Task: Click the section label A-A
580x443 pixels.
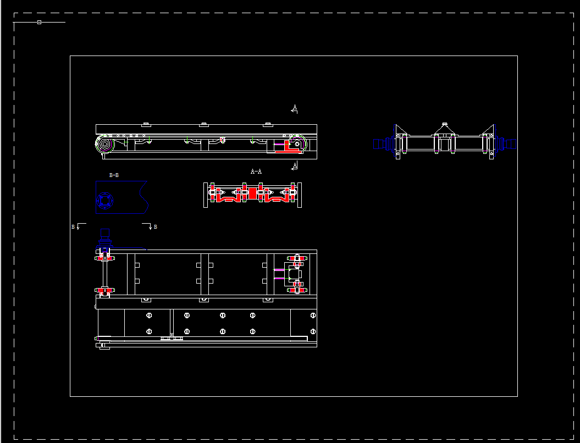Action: click(256, 171)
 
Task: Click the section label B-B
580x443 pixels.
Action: click(114, 175)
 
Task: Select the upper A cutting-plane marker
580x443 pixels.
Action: click(295, 109)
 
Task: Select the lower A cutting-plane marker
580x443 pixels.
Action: click(295, 165)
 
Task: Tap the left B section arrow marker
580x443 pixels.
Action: click(77, 226)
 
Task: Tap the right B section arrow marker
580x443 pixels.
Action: click(151, 226)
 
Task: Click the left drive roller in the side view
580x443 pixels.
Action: click(104, 146)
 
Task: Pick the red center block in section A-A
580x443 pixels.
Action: click(252, 194)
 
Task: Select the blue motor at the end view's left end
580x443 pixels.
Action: click(380, 144)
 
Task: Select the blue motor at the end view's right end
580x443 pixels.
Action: click(510, 144)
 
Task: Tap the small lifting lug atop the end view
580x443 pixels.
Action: click(445, 125)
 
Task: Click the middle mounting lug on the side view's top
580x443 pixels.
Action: click(204, 124)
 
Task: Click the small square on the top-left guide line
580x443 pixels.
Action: click(39, 22)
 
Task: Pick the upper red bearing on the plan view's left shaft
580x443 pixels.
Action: click(104, 257)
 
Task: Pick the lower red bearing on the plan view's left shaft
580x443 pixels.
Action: click(104, 290)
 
